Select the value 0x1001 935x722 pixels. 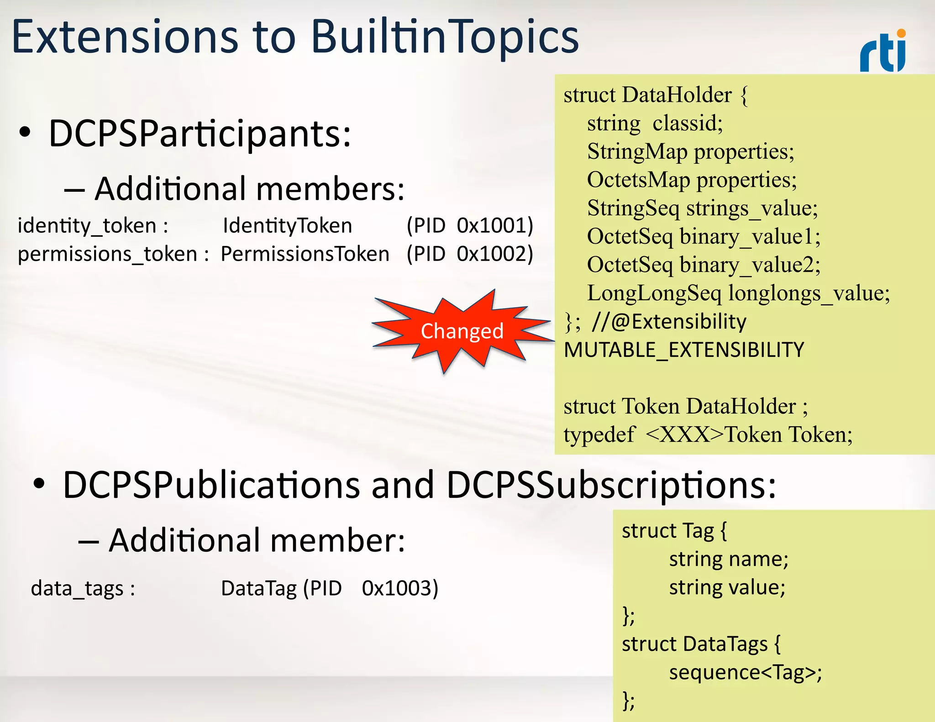495,225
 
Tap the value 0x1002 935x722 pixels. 495,254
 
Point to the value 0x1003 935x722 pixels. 400,588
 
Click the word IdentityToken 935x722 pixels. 287,225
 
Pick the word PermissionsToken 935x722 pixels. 305,254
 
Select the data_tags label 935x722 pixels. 83,588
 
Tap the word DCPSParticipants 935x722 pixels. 200,134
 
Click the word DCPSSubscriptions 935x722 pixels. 610,485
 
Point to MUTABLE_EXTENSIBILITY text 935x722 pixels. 683,350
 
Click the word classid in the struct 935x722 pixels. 687,123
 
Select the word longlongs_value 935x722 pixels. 809,293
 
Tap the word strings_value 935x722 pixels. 751,208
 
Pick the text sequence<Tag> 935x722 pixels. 745,672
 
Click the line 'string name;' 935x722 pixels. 729,559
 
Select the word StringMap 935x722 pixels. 637,152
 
